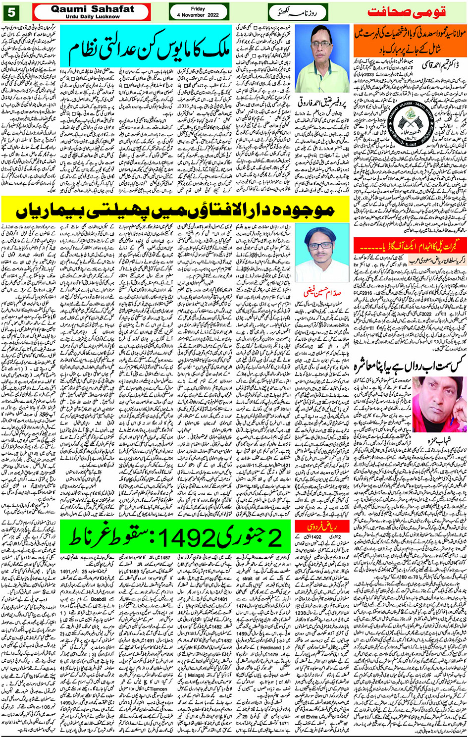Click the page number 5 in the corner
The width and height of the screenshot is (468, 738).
[x=11, y=11]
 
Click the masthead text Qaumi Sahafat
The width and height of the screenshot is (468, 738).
[x=92, y=8]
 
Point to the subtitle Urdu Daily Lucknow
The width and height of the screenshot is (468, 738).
[x=92, y=16]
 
